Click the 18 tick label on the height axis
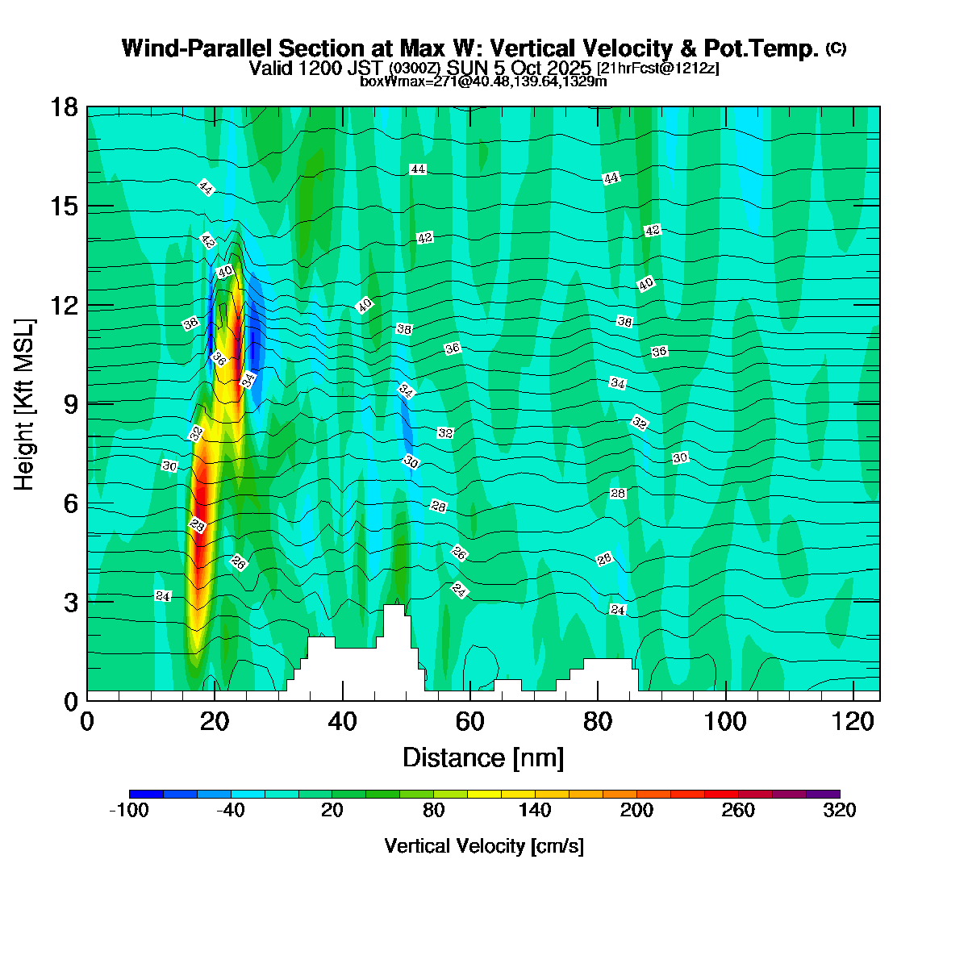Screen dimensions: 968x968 click(65, 107)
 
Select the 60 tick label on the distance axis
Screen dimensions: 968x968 click(470, 721)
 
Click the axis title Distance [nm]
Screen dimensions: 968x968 click(483, 758)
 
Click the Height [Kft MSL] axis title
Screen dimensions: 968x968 click(25, 404)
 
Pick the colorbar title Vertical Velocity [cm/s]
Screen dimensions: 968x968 click(484, 846)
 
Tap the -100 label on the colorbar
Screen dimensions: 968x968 click(128, 811)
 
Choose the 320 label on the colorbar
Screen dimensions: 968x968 click(840, 811)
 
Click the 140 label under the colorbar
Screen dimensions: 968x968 click(535, 811)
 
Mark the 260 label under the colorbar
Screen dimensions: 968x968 click(738, 811)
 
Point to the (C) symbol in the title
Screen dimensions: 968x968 click(836, 48)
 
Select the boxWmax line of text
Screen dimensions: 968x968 click(483, 81)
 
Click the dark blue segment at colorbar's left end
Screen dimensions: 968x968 click(146, 795)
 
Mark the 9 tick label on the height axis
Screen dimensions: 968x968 click(71, 404)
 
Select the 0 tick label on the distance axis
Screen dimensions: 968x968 click(87, 721)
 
